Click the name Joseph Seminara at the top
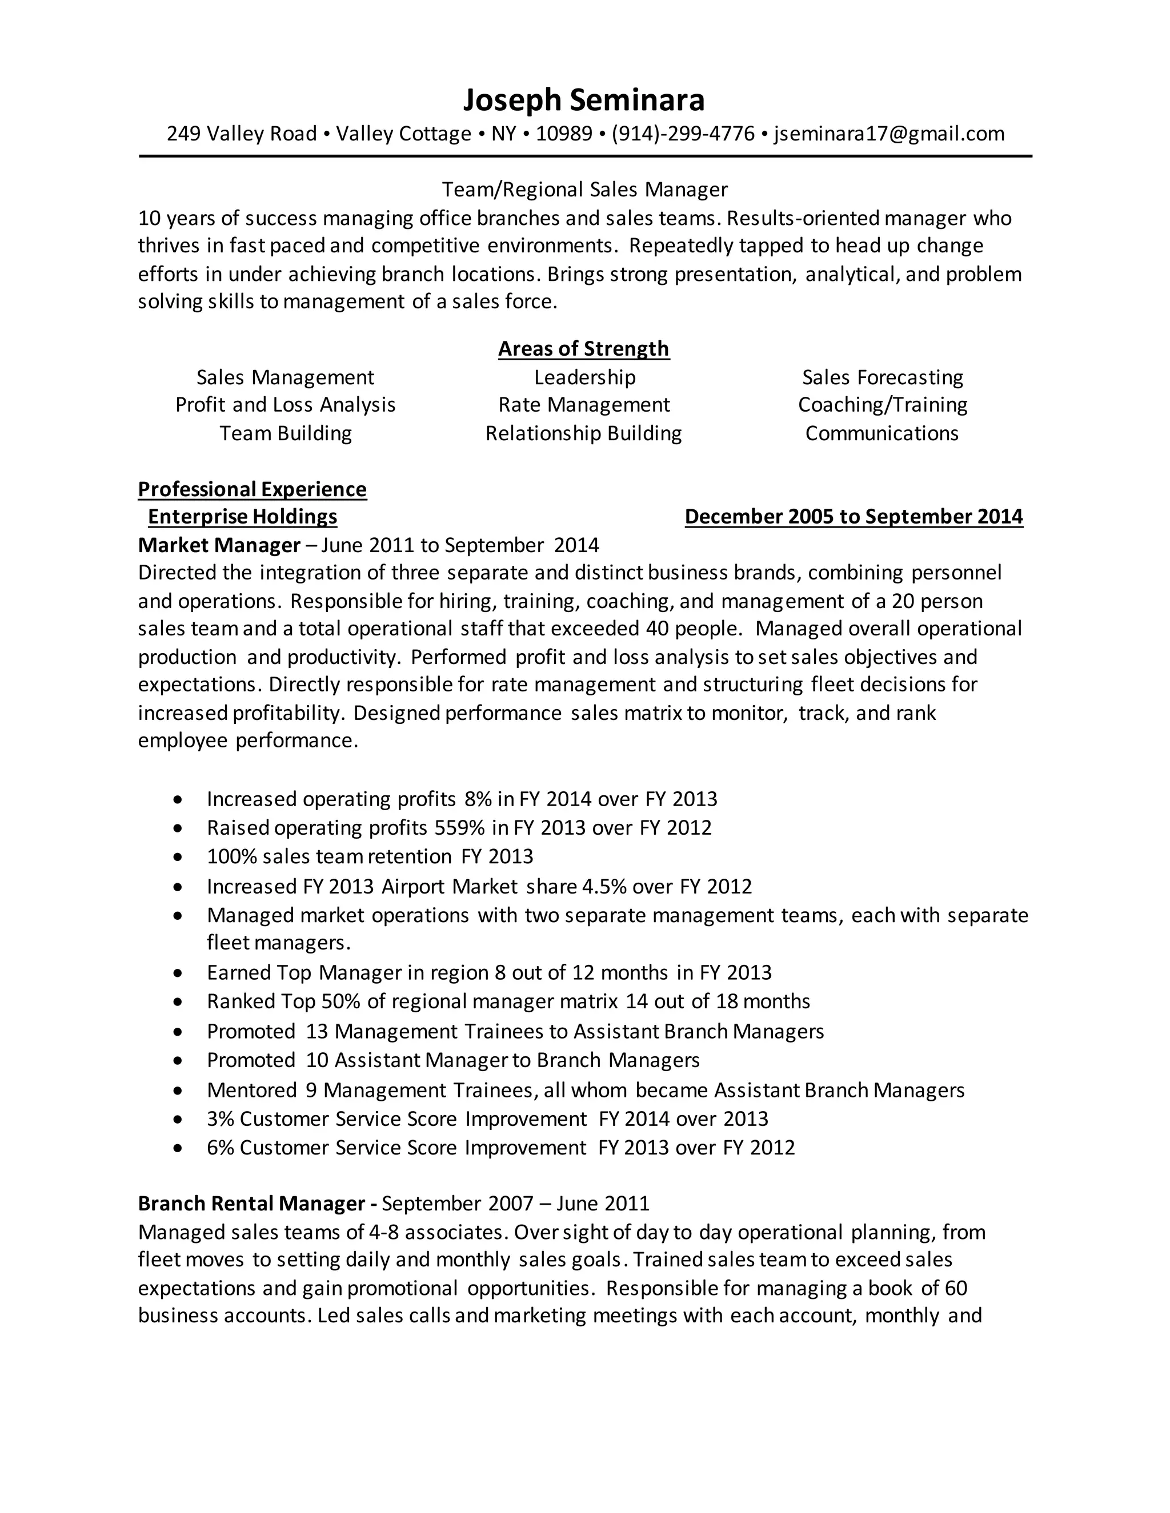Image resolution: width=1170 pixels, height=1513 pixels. point(584,100)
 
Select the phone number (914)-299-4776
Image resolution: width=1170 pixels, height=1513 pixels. point(683,134)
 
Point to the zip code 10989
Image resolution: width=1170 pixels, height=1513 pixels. point(563,134)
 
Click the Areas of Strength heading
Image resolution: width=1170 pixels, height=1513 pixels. point(584,348)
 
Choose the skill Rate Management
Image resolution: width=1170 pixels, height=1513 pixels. point(584,405)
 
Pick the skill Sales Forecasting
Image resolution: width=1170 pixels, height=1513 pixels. point(882,377)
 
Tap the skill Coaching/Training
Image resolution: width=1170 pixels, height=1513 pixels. point(882,405)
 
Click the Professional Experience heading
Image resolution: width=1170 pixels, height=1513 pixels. point(253,489)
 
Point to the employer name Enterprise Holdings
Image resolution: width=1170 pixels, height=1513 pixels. point(243,517)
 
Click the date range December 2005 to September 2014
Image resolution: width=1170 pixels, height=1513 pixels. point(854,517)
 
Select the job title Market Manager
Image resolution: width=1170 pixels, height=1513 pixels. point(219,545)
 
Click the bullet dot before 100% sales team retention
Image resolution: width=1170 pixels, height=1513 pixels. point(179,858)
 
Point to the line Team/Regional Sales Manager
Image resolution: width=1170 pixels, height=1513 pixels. point(584,189)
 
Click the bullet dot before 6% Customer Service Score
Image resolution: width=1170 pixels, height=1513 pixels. point(179,1149)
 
